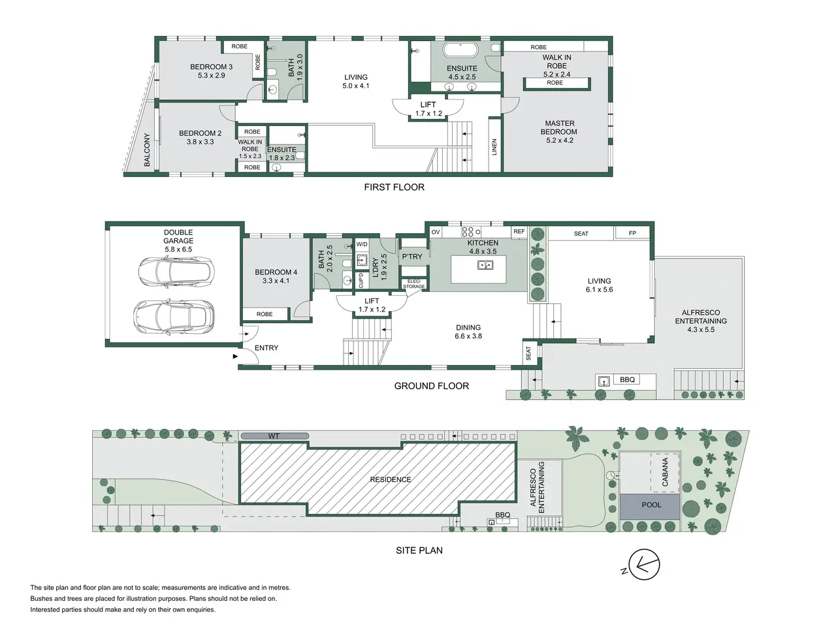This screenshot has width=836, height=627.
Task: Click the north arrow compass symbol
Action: (643, 564)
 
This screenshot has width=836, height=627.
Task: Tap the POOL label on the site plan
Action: (651, 505)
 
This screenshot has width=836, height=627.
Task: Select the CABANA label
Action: (665, 472)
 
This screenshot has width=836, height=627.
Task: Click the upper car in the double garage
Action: (176, 271)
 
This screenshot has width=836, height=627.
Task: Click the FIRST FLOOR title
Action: (394, 187)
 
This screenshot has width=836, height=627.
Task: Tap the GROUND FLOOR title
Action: (432, 386)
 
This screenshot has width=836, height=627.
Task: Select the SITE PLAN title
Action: (419, 551)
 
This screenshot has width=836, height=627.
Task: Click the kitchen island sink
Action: (485, 265)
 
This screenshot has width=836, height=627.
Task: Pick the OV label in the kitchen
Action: (436, 233)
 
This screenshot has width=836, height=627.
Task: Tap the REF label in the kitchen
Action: (519, 231)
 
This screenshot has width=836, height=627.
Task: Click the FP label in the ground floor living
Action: (632, 233)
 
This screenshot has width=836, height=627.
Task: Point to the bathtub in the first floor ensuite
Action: (460, 50)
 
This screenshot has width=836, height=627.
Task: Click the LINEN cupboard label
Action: (494, 147)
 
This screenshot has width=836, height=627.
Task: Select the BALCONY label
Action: (147, 150)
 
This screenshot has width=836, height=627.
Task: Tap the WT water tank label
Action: (274, 436)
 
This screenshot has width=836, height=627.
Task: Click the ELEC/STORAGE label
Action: (413, 284)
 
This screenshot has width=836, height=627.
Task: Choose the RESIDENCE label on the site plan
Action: (391, 479)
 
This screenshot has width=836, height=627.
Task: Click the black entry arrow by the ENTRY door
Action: (235, 357)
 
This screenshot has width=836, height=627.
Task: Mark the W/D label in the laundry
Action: (361, 244)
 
